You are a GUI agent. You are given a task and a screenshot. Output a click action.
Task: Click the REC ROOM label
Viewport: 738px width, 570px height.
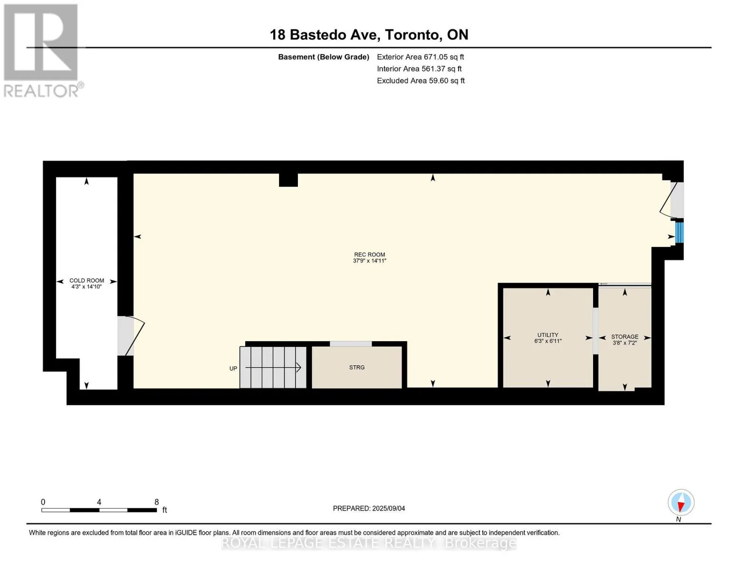pos(369,254)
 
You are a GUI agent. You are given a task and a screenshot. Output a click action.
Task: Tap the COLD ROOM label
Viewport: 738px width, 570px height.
pos(86,280)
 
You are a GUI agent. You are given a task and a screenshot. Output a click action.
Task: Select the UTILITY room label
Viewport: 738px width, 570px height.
pos(547,335)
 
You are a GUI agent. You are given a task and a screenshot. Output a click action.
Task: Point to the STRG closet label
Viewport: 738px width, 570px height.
pos(356,367)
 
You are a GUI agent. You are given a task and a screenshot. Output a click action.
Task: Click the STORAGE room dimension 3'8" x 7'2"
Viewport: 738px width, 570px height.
pos(624,343)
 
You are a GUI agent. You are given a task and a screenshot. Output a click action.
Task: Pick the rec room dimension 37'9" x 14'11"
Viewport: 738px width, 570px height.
pos(370,261)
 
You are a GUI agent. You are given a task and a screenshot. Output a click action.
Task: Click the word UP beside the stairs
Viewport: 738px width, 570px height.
pos(233,368)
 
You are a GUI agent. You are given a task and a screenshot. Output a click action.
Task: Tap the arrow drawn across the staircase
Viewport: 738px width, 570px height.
pos(273,367)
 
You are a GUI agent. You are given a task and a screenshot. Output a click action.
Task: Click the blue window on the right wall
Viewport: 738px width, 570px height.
pos(679,232)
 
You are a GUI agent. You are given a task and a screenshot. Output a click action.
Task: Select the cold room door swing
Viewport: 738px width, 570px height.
pos(135,336)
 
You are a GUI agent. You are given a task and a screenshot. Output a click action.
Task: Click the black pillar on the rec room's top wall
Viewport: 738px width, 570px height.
pos(288,180)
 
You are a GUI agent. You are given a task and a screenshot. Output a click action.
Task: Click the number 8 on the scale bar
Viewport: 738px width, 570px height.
pos(156,502)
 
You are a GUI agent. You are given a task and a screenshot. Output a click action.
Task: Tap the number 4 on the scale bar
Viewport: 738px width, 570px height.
pos(99,502)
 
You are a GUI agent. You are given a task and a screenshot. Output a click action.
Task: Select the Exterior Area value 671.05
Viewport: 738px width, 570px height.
pos(435,57)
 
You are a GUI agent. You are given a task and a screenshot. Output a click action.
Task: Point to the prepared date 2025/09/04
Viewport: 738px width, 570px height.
pos(389,509)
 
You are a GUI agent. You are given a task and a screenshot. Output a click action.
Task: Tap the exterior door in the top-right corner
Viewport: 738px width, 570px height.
pos(672,199)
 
